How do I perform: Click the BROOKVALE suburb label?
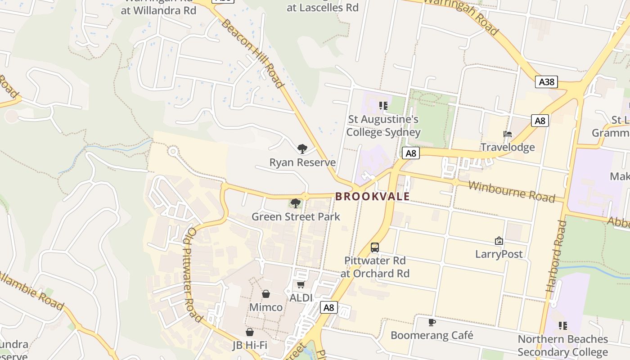click(x=373, y=197)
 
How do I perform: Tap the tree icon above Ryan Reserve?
click(x=302, y=148)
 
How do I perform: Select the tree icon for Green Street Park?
click(x=296, y=203)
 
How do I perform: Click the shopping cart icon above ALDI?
click(x=301, y=284)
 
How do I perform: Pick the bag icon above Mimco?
click(x=266, y=294)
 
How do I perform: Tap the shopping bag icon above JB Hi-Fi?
click(x=250, y=332)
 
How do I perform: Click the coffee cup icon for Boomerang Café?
click(x=432, y=322)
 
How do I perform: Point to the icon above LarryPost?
click(x=499, y=241)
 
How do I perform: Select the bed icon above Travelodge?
click(x=508, y=134)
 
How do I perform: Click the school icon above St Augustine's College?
click(x=383, y=106)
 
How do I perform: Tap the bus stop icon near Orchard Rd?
click(x=375, y=247)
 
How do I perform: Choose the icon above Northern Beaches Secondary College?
click(x=562, y=325)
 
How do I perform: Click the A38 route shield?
click(x=547, y=81)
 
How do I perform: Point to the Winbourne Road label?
click(x=511, y=191)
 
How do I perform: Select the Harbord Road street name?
click(x=556, y=256)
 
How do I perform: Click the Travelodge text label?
click(x=508, y=147)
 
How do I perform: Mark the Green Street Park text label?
click(x=296, y=216)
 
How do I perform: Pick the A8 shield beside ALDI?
click(x=329, y=307)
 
